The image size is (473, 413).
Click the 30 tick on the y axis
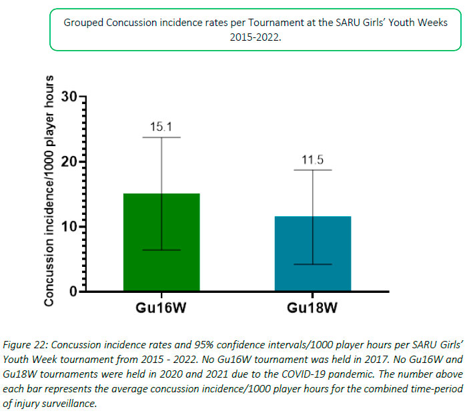point(68,97)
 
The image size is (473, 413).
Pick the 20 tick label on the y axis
point(68,162)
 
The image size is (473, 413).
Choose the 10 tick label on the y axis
point(68,227)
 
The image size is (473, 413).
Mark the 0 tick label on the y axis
point(72,292)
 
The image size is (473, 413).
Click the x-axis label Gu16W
point(161,308)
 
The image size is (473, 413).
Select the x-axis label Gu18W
point(312,308)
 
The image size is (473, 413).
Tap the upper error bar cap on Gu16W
point(161,137)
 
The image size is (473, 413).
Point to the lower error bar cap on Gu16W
point(161,250)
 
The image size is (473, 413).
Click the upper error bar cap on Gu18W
point(312,170)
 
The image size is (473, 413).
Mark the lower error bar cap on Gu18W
point(312,264)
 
